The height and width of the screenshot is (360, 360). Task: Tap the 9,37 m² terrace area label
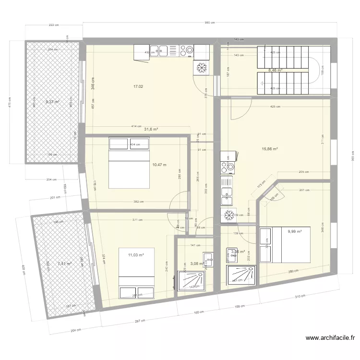pos(52,102)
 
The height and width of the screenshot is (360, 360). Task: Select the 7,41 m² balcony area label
pos(64,263)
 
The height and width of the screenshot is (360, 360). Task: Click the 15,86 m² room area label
pos(270,149)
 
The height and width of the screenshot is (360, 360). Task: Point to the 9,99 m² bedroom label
pos(294,231)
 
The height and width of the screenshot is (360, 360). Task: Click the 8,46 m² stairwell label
pos(275,70)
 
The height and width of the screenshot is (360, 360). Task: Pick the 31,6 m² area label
pos(151,129)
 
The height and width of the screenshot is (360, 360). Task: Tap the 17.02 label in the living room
pos(138,86)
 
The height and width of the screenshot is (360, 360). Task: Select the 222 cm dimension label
pos(53,25)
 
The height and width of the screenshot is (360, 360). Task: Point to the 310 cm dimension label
pos(299,297)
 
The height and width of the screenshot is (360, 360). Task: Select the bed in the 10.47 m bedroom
pos(129,163)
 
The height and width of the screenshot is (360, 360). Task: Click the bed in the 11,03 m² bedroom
pos(136,274)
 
